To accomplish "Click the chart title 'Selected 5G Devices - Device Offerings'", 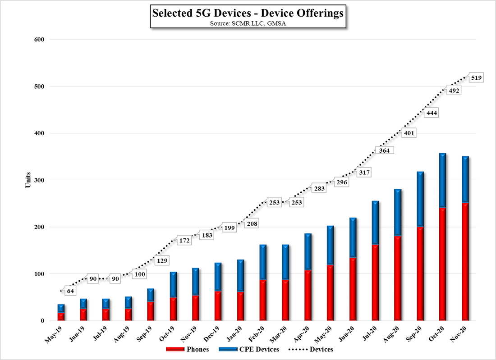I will click(248, 14).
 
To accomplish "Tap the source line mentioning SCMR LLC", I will click(248, 23).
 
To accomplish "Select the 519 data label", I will click(476, 78).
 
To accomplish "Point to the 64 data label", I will click(70, 291).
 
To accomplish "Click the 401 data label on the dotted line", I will click(409, 133).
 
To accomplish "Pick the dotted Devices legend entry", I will click(315, 349).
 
